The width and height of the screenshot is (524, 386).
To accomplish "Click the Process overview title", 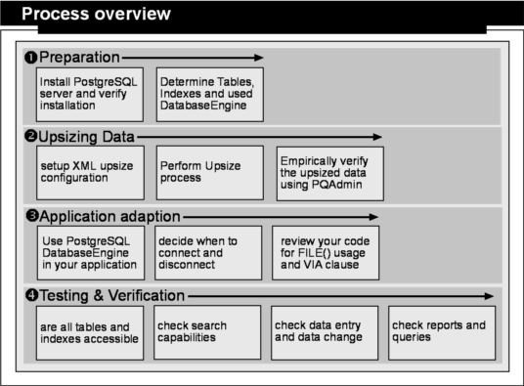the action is point(96,14).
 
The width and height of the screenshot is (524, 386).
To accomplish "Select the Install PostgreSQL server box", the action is point(90,95).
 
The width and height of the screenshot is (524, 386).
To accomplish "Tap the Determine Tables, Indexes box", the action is point(210,95).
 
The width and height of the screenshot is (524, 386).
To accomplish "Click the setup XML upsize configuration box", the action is point(90,173).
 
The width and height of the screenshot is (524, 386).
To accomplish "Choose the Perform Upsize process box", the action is point(210,173).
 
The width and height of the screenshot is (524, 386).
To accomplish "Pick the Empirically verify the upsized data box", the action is point(330,174).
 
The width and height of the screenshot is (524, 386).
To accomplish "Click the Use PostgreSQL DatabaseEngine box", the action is point(91,253).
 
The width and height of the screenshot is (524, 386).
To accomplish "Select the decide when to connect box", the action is point(208,253).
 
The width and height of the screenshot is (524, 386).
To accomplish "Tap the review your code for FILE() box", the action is point(326,253).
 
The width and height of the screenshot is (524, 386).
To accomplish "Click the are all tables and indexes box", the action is point(90,333).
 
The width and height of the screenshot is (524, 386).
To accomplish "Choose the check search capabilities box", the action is point(207,332).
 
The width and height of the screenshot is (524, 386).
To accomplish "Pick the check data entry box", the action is point(325,333).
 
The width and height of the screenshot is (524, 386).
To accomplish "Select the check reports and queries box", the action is point(442,333).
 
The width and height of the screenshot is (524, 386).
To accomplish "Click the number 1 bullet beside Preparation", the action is point(30,58).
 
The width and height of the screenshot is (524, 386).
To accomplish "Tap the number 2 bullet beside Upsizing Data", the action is point(31,136).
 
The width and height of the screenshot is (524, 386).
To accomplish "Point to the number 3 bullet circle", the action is point(32,216).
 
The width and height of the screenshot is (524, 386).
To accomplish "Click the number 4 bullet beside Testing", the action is point(32,295).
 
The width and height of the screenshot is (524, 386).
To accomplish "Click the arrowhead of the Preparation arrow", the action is point(259,58).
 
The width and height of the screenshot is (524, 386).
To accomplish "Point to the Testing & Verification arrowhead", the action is point(489,296).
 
